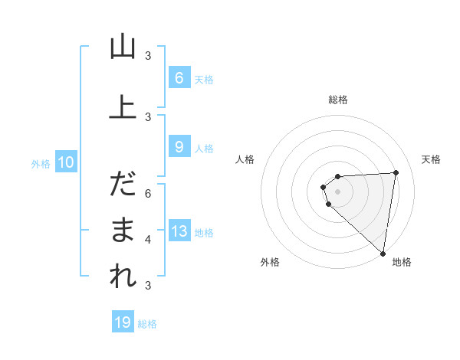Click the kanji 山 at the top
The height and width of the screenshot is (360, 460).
click(x=123, y=47)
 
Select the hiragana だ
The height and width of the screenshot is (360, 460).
click(x=123, y=185)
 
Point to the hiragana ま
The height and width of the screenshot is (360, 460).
click(x=123, y=231)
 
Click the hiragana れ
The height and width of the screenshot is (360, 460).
click(x=123, y=277)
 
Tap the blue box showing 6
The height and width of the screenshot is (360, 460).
click(x=179, y=77)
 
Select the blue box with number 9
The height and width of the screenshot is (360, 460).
click(x=179, y=147)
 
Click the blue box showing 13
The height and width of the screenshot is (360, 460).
click(x=179, y=231)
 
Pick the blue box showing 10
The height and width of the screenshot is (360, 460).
click(x=66, y=162)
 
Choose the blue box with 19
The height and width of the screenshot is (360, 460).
click(x=123, y=322)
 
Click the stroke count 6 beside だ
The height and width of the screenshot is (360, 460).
click(x=148, y=193)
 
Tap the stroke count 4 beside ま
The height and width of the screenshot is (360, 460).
click(x=148, y=239)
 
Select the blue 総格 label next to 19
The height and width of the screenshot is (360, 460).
click(x=148, y=324)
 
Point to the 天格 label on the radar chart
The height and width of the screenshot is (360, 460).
click(x=432, y=159)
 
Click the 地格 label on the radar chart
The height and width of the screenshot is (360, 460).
click(x=402, y=262)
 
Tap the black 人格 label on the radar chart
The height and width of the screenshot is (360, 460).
click(x=245, y=159)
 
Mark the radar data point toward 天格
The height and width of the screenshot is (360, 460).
click(x=396, y=172)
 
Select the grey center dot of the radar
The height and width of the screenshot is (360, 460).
click(x=337, y=191)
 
